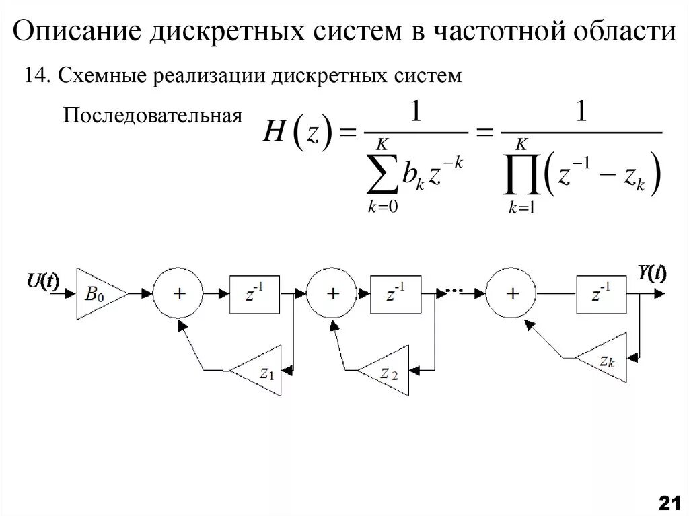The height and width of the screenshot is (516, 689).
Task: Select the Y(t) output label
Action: (651, 273)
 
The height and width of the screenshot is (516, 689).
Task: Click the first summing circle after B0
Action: (178, 294)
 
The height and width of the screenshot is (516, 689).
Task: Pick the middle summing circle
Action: (332, 294)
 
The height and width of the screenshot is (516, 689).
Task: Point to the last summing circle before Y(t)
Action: (513, 294)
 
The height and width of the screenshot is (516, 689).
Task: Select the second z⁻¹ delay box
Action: (394, 294)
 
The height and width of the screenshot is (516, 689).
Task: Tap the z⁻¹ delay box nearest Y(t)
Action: (600, 294)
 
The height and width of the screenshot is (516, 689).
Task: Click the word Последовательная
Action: (152, 116)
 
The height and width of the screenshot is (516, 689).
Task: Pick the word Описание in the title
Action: (77, 32)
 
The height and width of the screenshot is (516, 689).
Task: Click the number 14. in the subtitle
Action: (38, 75)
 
